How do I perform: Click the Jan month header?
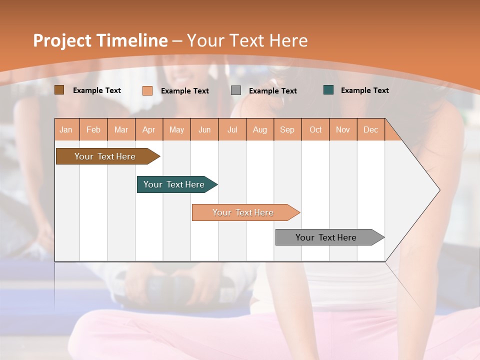(x=66, y=129)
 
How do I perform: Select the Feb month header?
(x=93, y=129)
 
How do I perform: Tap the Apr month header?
(x=148, y=129)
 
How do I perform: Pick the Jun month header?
(x=204, y=129)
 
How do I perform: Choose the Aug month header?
(x=259, y=129)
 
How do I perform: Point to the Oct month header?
(x=315, y=129)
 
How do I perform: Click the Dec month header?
(x=370, y=129)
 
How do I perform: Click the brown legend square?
(x=59, y=90)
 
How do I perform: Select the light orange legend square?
(x=147, y=90)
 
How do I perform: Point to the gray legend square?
(x=236, y=90)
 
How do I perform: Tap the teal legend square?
(x=328, y=90)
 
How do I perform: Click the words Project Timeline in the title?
(x=100, y=40)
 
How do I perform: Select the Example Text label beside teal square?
(x=364, y=90)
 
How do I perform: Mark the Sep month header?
(x=287, y=129)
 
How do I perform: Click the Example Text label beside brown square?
(x=97, y=90)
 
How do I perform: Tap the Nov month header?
(x=343, y=129)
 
